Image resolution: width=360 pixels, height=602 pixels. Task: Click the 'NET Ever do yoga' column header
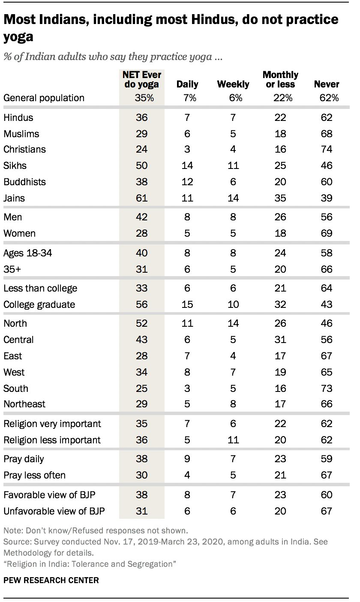141,79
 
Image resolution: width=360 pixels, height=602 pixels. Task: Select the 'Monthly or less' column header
281,79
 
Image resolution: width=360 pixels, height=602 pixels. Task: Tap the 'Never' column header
327,84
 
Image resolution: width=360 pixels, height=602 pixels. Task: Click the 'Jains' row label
14,198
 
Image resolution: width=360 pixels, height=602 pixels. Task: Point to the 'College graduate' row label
39,304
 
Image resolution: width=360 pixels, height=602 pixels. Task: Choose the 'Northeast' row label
24,404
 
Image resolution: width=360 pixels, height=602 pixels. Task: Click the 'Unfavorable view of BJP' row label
54,511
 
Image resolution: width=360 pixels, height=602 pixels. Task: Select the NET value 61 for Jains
141,198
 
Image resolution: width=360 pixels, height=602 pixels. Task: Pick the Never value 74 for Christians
327,149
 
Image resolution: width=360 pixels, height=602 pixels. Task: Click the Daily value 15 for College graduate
187,304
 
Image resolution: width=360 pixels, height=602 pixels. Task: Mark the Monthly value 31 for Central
281,340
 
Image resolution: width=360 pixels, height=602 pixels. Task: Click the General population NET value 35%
141,98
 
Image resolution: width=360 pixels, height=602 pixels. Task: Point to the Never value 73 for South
327,388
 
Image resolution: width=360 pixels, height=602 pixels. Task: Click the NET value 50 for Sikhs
141,166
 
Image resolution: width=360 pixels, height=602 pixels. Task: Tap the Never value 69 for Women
327,233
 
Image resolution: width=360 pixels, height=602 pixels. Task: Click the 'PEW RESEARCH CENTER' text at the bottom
51,581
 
